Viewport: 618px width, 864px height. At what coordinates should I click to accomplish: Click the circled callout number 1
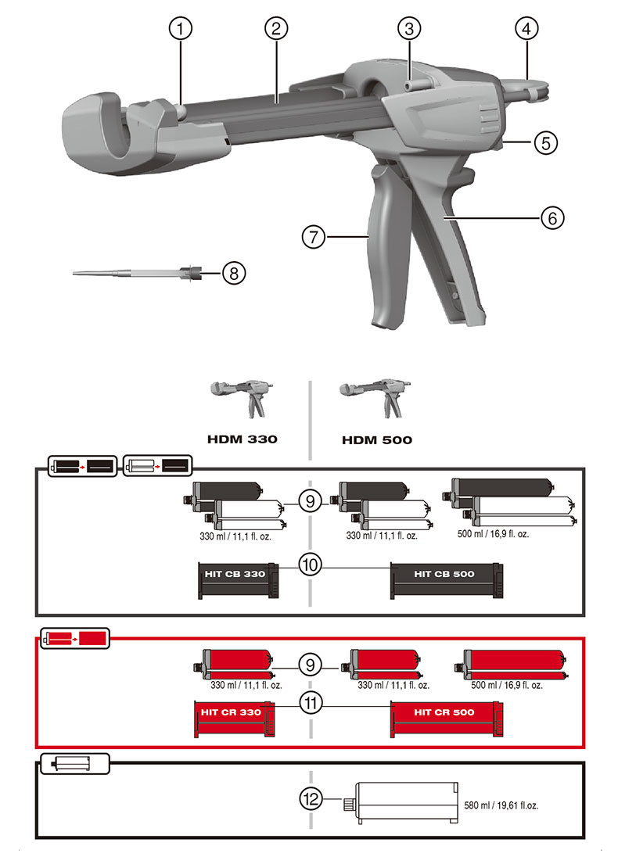pyautogui.click(x=181, y=29)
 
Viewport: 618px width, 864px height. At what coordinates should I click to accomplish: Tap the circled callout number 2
pyautogui.click(x=275, y=29)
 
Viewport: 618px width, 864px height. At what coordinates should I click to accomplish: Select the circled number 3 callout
pyautogui.click(x=408, y=29)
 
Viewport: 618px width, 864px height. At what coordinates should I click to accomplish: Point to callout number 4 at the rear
pyautogui.click(x=526, y=29)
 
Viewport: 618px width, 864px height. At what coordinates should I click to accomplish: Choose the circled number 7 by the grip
pyautogui.click(x=314, y=235)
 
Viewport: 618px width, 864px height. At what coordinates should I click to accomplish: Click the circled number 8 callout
pyautogui.click(x=234, y=272)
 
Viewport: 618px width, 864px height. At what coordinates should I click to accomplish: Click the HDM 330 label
pyautogui.click(x=242, y=439)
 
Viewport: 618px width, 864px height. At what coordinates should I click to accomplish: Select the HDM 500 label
pyautogui.click(x=376, y=439)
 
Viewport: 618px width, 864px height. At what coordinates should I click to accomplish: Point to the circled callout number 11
pyautogui.click(x=311, y=703)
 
